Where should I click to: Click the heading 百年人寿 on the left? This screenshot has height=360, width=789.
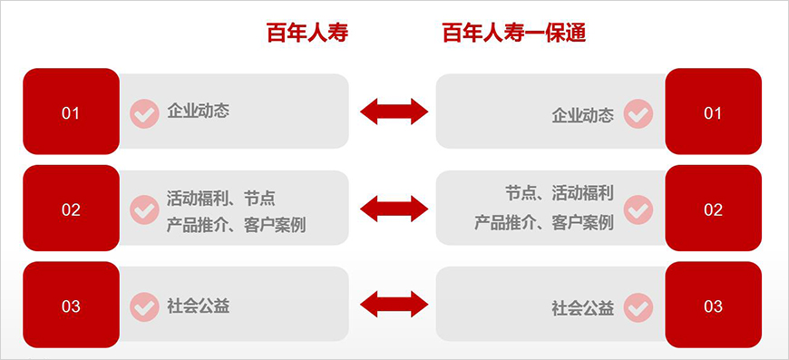[307, 34]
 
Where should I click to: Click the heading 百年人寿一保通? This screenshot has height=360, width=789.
[513, 34]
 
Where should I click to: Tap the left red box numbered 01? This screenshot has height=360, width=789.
[71, 112]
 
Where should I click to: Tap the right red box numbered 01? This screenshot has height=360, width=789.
[713, 112]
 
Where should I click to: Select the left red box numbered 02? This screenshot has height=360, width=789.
[71, 209]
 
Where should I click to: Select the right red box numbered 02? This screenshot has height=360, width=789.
[713, 209]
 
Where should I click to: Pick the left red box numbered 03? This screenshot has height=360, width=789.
[71, 306]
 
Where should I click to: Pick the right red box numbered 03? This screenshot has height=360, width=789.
[713, 306]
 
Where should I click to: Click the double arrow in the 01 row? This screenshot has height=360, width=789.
[394, 112]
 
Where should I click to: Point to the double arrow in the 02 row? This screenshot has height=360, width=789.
[394, 209]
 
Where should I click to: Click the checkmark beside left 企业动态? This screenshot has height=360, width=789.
[144, 113]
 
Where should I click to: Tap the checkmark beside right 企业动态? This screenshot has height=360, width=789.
[638, 114]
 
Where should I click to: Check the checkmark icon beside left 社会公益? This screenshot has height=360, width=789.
[144, 306]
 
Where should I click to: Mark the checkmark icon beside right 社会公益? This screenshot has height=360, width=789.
[638, 307]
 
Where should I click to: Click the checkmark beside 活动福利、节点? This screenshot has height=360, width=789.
[144, 209]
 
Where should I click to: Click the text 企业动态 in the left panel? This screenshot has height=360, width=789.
[199, 112]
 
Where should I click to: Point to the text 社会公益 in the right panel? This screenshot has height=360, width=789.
[583, 307]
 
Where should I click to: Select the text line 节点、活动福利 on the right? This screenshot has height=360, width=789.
[560, 193]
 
